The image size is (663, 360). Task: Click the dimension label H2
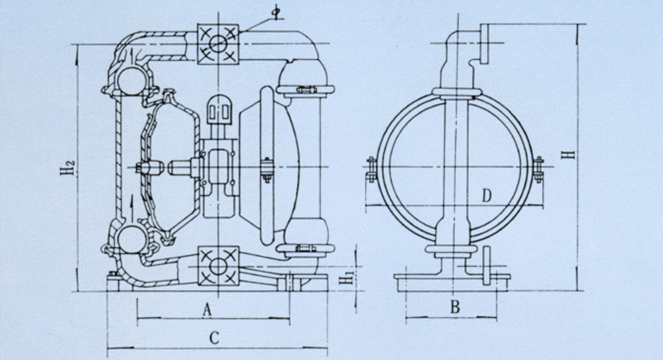[x=68, y=167]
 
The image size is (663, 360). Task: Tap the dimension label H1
[x=346, y=277]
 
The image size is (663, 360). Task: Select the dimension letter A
[x=207, y=310]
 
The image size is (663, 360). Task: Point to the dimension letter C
[x=214, y=338]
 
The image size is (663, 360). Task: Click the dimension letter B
[x=455, y=307]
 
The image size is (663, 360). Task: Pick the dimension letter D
[x=487, y=196]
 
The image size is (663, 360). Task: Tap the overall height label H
[x=568, y=155]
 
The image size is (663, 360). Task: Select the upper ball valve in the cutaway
[x=132, y=81]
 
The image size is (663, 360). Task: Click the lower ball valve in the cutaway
[x=132, y=239]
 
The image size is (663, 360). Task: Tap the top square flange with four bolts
[x=218, y=44]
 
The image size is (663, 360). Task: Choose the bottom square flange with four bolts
[x=218, y=266]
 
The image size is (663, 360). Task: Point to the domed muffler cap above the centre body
[x=219, y=109]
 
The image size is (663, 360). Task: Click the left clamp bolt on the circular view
[x=371, y=169]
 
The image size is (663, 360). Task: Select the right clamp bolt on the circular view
[x=538, y=169]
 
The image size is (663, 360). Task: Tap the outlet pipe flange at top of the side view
[x=484, y=44]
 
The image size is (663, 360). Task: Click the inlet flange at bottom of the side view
[x=486, y=265]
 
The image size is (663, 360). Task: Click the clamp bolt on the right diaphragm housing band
[x=267, y=169]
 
